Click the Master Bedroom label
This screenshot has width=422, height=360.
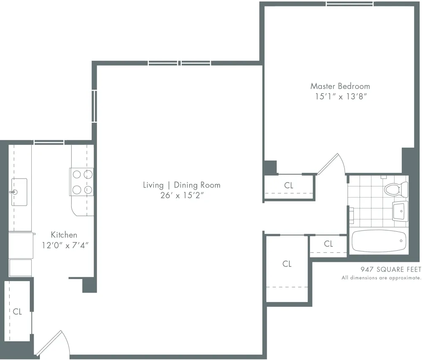coord(340,86)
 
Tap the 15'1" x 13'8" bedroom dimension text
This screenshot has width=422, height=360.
coord(340,96)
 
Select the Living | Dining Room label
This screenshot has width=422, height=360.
coord(181,185)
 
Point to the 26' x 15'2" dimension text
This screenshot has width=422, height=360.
coord(181,195)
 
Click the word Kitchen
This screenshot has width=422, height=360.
coord(64,235)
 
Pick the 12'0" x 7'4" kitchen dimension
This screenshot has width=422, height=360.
coord(65,245)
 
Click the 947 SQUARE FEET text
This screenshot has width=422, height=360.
coord(390,269)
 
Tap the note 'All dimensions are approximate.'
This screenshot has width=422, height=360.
coord(381,278)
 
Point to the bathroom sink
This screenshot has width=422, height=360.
coord(400,211)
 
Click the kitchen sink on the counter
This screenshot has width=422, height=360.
coord(19,186)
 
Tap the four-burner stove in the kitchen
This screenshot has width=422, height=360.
coord(81,181)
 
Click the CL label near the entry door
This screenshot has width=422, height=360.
coord(17,311)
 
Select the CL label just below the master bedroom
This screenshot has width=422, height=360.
coord(289,185)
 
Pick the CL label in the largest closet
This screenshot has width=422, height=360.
coord(287,264)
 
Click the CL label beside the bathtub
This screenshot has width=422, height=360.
coord(328,244)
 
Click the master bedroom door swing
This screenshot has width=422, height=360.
coord(332,164)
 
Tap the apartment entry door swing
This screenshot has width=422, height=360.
coord(52,342)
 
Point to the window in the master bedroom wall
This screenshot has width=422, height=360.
coord(349,4)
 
